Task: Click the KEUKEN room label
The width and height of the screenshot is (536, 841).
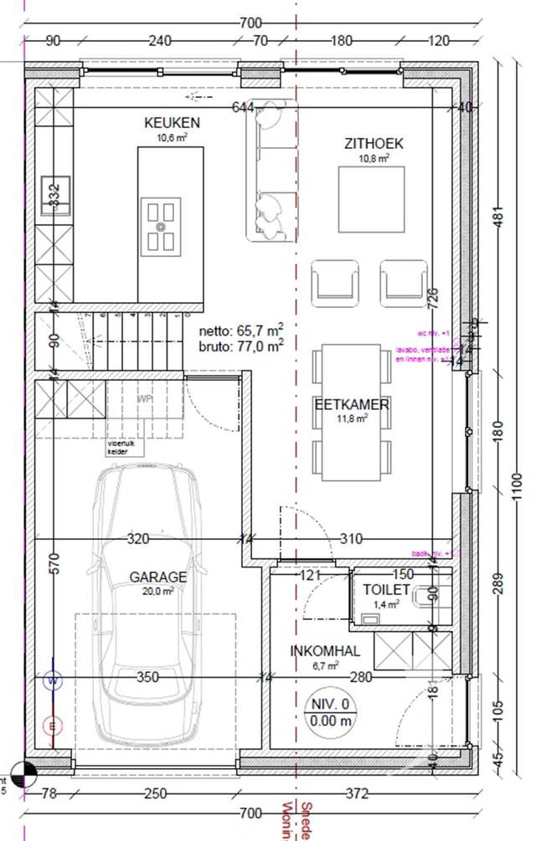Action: (171, 124)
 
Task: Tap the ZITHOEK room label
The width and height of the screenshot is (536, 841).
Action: (373, 143)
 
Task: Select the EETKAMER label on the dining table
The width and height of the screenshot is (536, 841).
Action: (352, 405)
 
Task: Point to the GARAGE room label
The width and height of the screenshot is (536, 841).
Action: (157, 577)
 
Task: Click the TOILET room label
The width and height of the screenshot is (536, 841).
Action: (387, 588)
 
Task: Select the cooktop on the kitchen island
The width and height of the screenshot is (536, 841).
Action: (161, 225)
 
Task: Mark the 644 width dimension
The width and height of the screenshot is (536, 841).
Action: (242, 106)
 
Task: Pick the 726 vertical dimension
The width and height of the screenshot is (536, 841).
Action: (433, 297)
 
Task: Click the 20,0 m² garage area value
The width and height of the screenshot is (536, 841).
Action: (157, 591)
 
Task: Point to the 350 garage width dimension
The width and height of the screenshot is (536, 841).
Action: (147, 677)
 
